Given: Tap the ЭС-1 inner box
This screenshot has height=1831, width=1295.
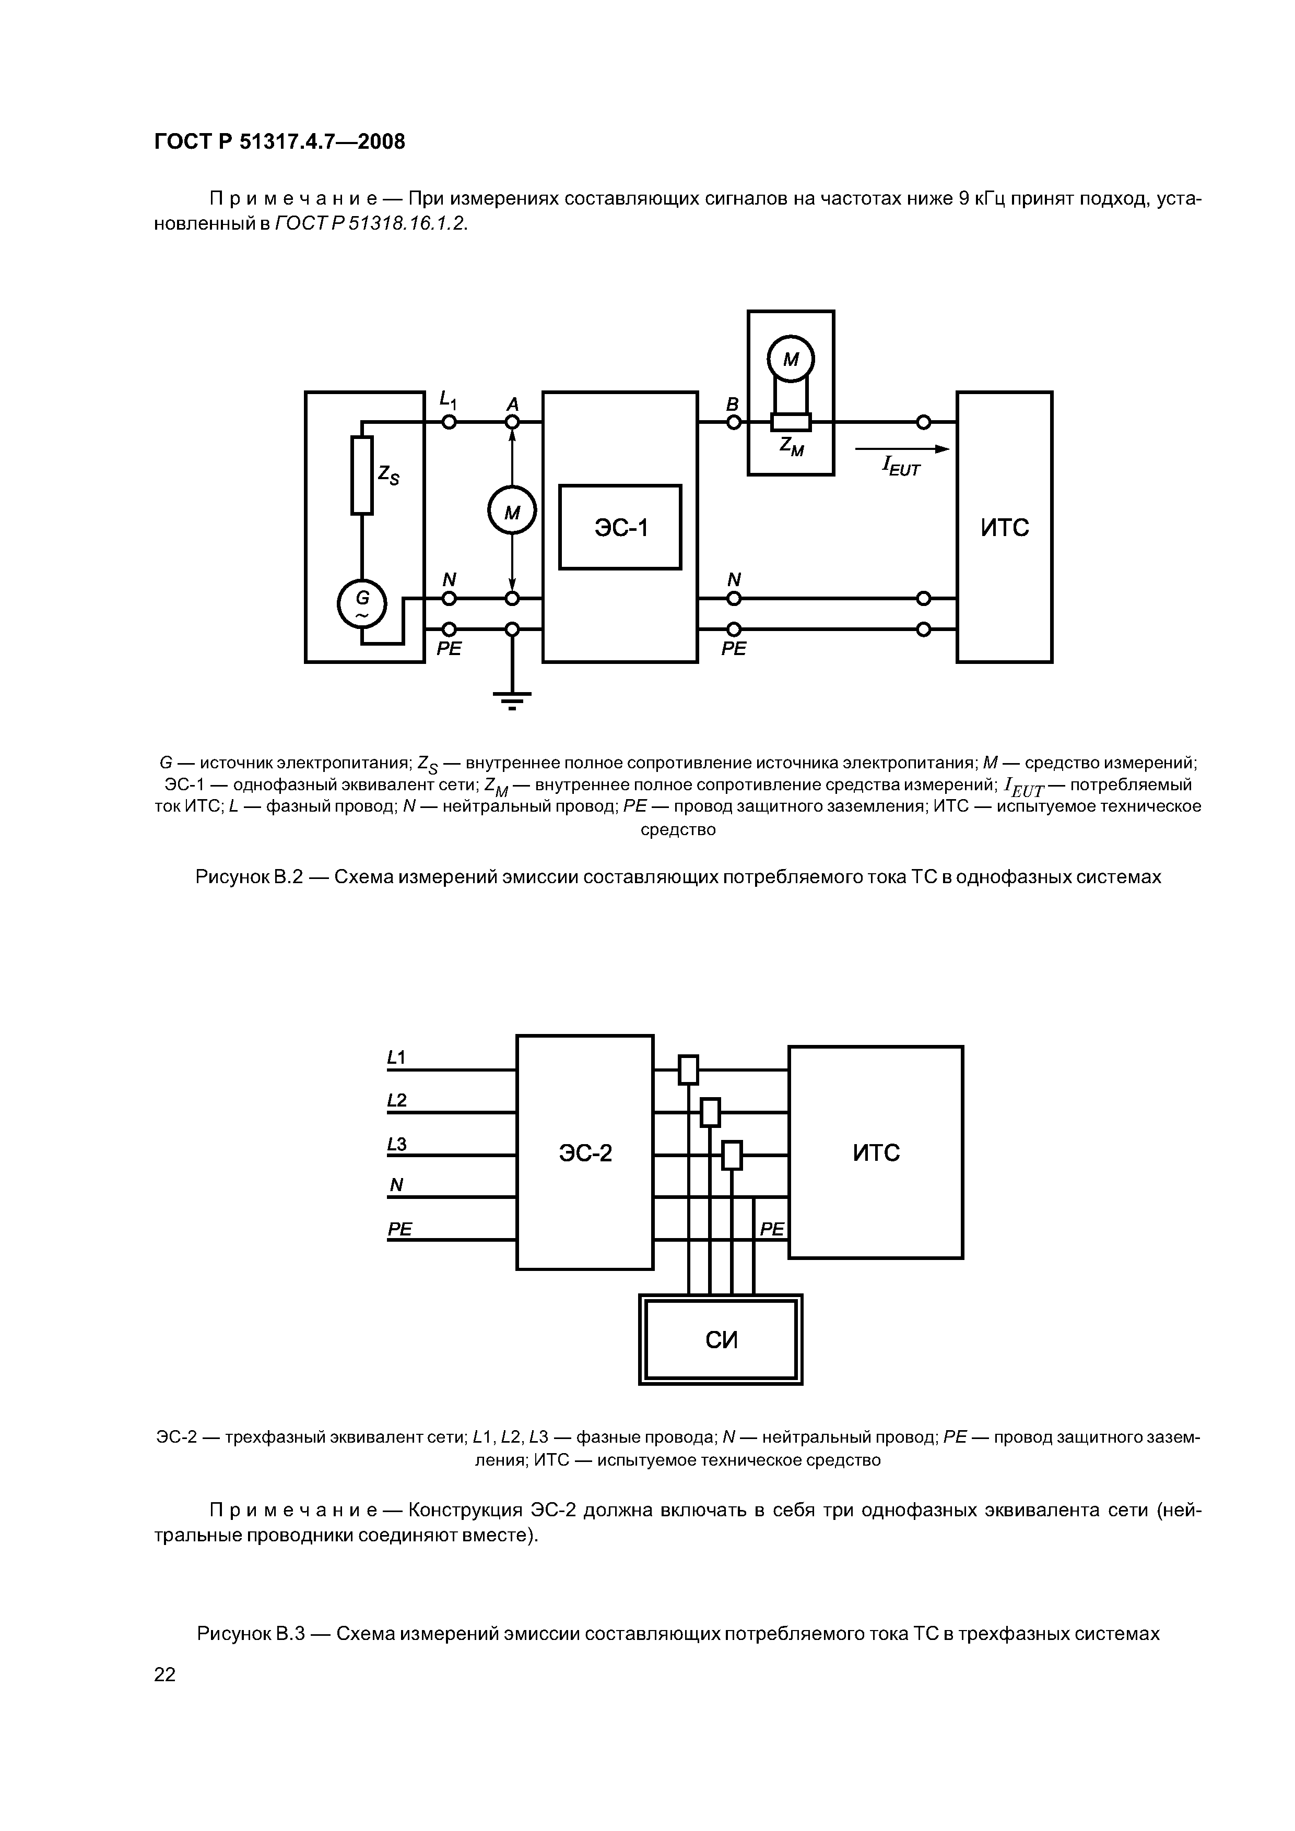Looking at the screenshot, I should coord(620,527).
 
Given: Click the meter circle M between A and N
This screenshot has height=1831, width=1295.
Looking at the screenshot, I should coord(512,510).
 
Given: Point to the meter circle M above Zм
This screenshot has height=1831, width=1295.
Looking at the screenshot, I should coord(791,360).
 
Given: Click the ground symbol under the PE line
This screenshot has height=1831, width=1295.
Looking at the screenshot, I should coord(512,699).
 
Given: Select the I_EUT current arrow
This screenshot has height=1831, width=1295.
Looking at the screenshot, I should coord(902,449).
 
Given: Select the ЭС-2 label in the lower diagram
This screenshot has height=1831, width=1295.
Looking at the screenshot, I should coord(586,1153).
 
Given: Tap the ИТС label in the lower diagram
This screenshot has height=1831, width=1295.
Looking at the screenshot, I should coord(876,1152).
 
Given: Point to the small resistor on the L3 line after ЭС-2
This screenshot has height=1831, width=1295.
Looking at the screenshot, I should coord(732,1155).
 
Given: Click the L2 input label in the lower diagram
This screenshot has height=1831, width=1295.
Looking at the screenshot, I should coord(396,1100).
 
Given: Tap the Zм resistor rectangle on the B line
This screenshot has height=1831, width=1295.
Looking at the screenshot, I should coord(791,422).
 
